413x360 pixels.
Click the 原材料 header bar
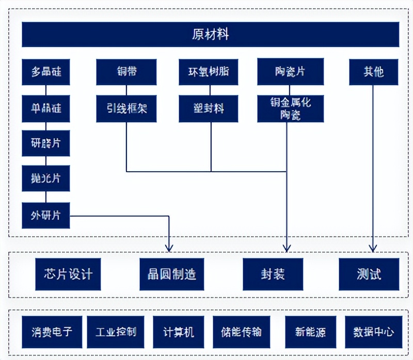[x=210, y=35]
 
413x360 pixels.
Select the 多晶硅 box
[x=45, y=72]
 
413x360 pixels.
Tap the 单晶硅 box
[x=45, y=108]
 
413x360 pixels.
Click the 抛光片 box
[x=45, y=179]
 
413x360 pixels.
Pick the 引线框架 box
[x=126, y=108]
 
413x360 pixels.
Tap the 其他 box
[x=373, y=72]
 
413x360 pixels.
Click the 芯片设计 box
[x=68, y=274]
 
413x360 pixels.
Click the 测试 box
[x=369, y=274]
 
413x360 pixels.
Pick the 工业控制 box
[x=116, y=332]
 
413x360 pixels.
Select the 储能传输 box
[x=241, y=332]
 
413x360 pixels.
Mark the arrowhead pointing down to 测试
[x=373, y=248]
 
